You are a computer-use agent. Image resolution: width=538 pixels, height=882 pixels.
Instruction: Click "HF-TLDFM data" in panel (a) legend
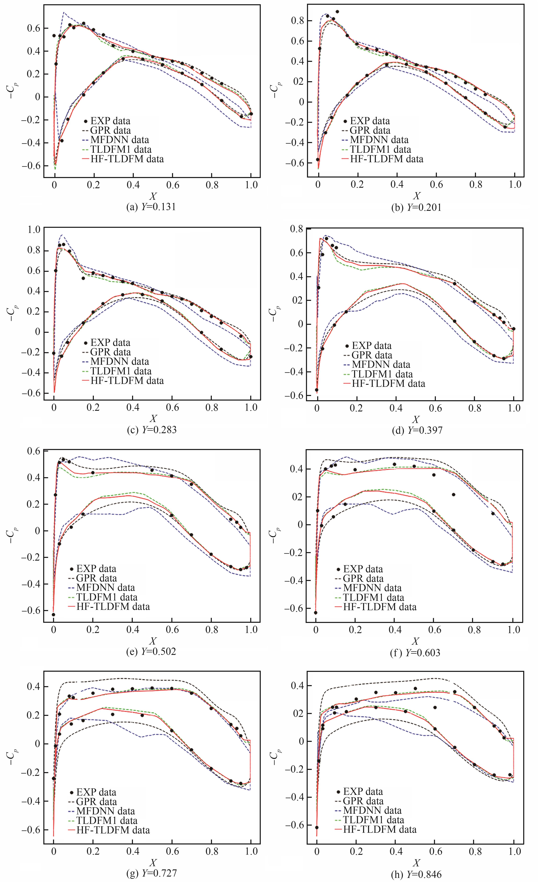tap(127, 159)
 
